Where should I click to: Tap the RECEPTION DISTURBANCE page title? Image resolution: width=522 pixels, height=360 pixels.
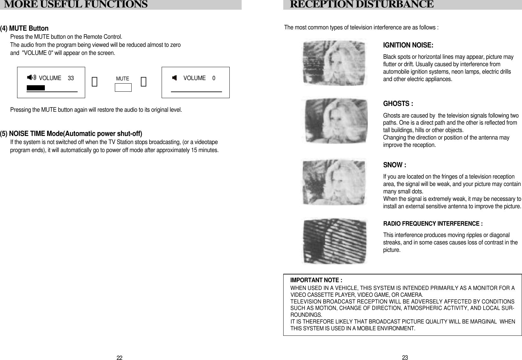click(361, 5)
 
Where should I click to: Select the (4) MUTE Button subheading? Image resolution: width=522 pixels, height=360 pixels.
click(25, 28)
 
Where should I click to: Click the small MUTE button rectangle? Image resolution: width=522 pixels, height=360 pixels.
click(123, 87)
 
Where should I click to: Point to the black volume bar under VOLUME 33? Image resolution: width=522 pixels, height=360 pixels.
click(35, 88)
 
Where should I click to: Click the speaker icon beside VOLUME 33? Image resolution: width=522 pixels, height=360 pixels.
click(32, 77)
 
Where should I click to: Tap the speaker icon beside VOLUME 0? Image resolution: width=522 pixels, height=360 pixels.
click(175, 78)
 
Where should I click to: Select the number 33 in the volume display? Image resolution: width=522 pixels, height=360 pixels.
click(71, 78)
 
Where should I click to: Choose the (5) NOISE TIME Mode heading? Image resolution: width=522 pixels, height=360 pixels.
click(71, 134)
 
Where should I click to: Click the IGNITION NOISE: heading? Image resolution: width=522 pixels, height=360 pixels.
click(408, 45)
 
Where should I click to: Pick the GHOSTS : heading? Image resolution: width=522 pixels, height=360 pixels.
click(398, 104)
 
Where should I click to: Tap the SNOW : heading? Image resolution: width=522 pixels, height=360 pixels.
click(394, 165)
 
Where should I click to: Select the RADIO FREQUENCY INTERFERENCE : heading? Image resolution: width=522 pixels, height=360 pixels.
click(433, 224)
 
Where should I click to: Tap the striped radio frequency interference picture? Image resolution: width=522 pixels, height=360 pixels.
click(334, 241)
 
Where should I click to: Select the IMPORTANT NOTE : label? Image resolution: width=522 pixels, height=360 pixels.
click(316, 280)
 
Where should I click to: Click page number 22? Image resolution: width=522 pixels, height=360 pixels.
click(119, 358)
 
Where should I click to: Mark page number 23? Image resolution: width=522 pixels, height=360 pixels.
click(405, 357)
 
